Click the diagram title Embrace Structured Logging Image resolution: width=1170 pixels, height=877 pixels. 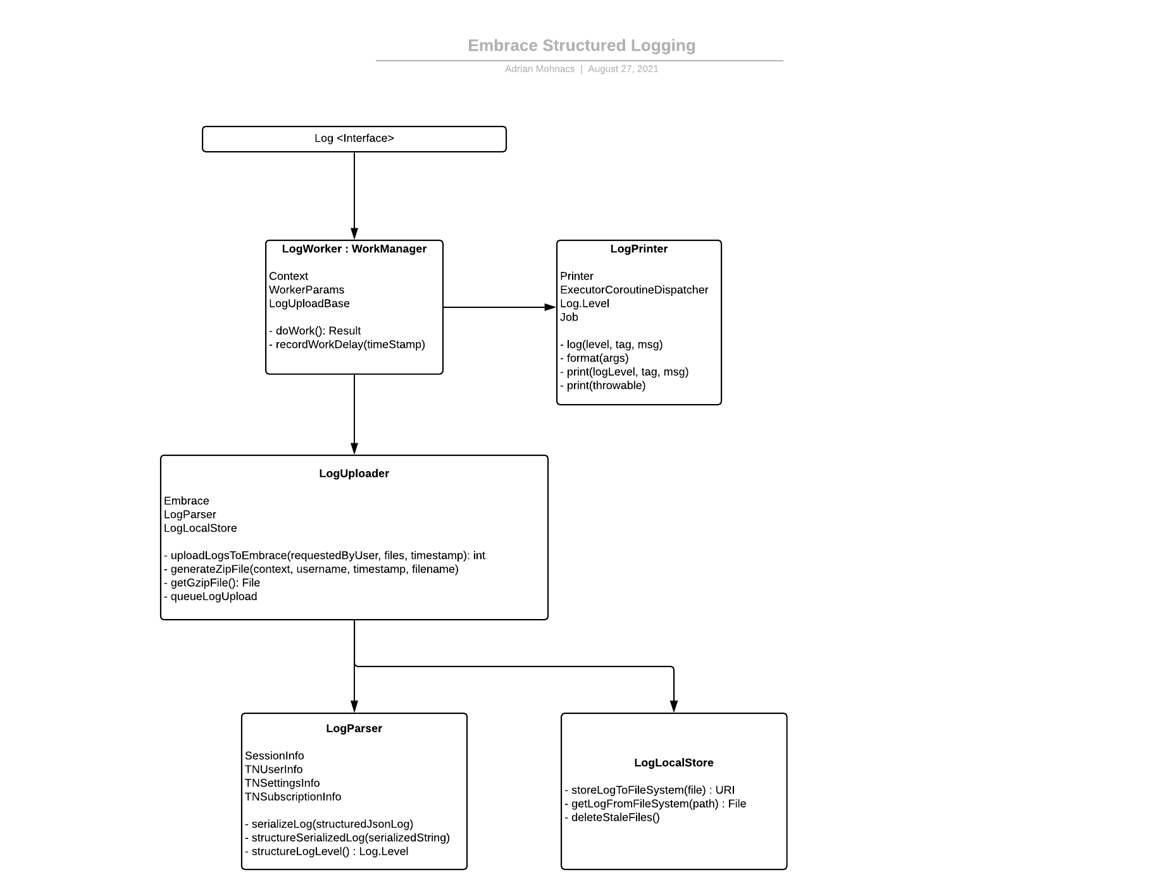[x=581, y=46]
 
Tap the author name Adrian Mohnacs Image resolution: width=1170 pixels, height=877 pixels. [x=539, y=69]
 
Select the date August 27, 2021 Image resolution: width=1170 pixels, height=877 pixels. [x=623, y=69]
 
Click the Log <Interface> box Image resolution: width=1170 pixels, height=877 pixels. [x=354, y=138]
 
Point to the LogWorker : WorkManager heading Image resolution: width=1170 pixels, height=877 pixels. [x=354, y=248]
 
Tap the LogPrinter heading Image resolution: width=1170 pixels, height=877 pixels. [x=638, y=248]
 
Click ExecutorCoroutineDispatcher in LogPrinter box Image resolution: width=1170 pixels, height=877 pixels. [x=633, y=290]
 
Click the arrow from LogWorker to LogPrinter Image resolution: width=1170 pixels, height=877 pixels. [x=499, y=307]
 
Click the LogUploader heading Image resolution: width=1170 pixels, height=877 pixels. [x=354, y=474]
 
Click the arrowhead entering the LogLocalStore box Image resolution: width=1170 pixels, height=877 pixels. [x=674, y=706]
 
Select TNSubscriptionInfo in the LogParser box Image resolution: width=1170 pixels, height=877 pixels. [x=293, y=797]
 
